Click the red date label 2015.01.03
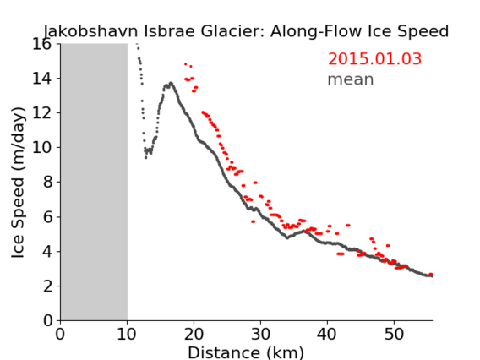click(x=374, y=59)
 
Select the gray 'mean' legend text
click(x=351, y=79)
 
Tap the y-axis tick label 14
click(x=42, y=79)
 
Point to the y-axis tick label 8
click(x=47, y=183)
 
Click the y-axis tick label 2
click(x=47, y=286)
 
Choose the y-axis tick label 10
click(x=42, y=148)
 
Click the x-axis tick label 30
click(x=260, y=334)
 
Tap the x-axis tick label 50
click(x=394, y=334)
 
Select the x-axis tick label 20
click(x=194, y=334)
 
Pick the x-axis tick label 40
click(x=327, y=334)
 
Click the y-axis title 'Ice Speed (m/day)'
click(x=18, y=183)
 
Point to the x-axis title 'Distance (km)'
click(x=246, y=352)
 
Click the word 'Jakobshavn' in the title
click(x=90, y=31)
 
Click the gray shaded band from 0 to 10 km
click(x=94, y=183)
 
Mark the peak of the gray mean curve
click(x=171, y=83)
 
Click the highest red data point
click(x=186, y=64)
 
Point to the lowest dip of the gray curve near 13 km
click(x=145, y=158)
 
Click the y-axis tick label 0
click(x=47, y=321)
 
